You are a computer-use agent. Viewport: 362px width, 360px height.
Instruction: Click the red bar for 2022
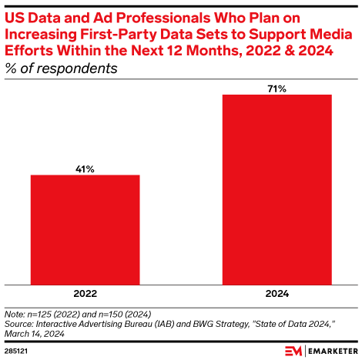(x=85, y=229)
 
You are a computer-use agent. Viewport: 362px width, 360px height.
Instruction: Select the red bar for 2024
(x=277, y=189)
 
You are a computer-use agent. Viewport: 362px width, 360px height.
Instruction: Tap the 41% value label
(x=85, y=168)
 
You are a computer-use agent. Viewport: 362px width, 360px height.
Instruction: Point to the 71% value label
(x=277, y=88)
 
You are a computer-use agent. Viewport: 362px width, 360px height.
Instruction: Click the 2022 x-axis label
(x=85, y=293)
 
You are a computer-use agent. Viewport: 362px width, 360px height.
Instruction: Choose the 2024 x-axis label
(x=277, y=293)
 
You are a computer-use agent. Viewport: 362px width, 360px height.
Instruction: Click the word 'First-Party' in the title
(x=104, y=32)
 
